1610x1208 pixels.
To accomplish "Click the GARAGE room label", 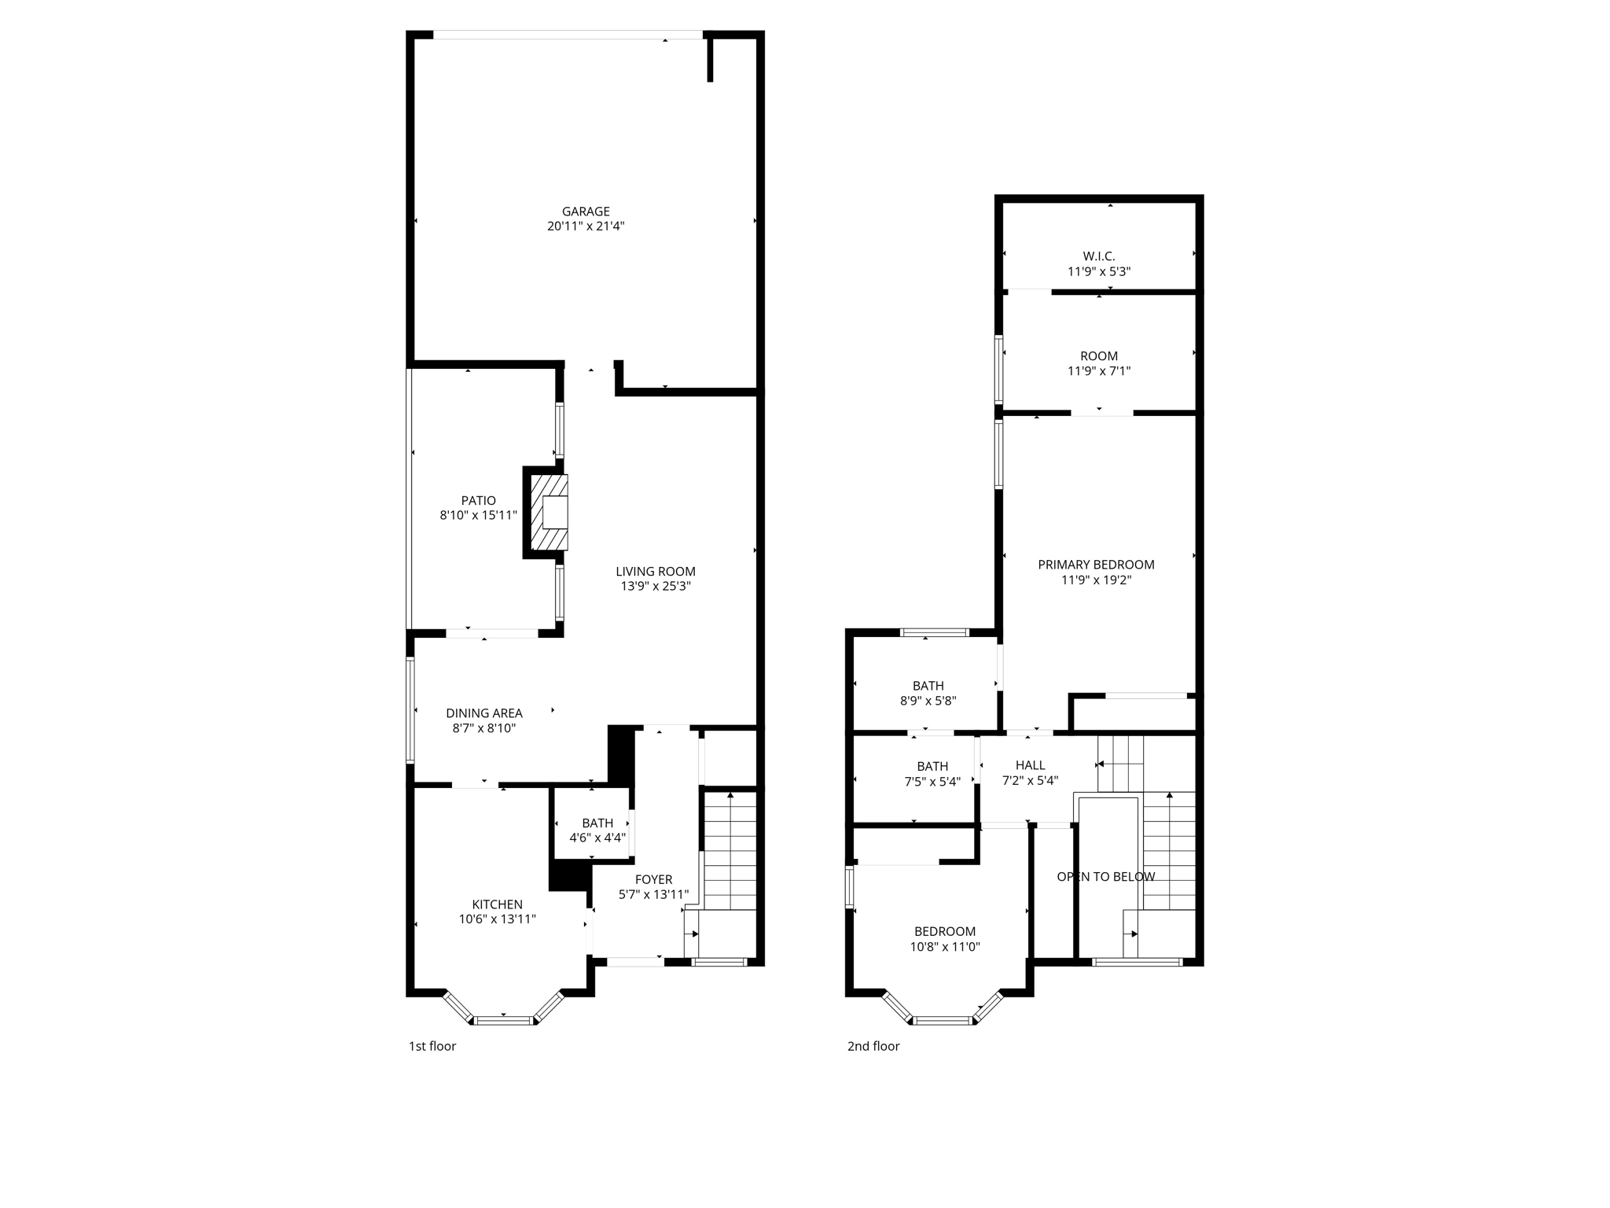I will pos(586,212).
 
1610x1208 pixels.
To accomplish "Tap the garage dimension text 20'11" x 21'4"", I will pos(586,226).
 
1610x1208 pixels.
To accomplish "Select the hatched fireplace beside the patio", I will pos(549,512).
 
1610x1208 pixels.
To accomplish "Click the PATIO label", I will pos(478,501).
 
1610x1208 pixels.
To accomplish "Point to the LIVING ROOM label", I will pos(655,572).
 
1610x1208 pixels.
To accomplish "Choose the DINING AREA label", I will pos(483,713).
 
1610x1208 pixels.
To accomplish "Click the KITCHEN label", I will pos(497,904).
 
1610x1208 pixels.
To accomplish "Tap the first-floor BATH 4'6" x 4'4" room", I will pos(597,830).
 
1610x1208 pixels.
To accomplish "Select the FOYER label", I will pos(653,880).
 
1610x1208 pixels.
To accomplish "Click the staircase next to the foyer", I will pos(730,849).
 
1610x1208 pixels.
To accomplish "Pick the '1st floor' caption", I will pos(432,1046).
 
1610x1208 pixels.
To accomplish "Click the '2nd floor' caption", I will pos(873,1046).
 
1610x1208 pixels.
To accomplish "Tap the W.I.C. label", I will pos(1098,256).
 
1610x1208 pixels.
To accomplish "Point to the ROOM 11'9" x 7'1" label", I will pos(1098,356).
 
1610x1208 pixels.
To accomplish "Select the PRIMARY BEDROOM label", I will pos(1096,565).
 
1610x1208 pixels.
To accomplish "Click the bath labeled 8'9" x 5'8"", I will pos(928,693).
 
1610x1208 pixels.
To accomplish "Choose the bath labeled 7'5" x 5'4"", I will pos(932,774).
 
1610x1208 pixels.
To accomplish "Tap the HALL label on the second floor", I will pos(1030,765).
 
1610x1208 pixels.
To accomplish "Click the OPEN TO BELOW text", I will pos(1105,877).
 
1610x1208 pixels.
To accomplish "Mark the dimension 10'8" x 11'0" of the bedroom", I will pos(944,947).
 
